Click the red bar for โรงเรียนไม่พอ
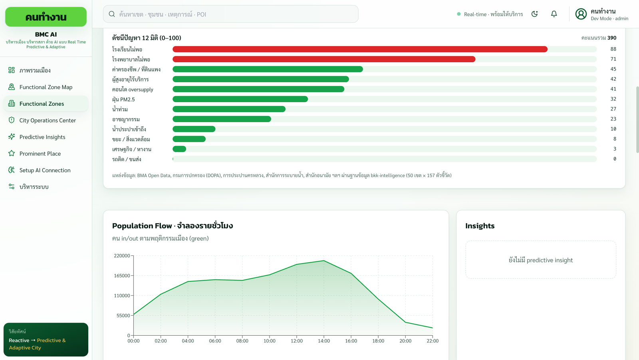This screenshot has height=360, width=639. point(360,49)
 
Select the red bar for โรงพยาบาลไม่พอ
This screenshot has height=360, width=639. point(324,59)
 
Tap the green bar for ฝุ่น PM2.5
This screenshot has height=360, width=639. point(240,99)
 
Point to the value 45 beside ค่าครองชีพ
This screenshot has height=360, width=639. point(613,69)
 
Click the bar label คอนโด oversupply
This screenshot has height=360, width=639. point(133,89)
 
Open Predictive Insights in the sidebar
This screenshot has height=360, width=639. point(42,137)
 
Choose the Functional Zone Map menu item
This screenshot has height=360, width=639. point(46,87)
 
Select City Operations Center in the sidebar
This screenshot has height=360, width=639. point(48,120)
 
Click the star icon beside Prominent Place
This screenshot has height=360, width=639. point(12,153)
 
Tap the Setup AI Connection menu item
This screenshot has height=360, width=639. point(45,170)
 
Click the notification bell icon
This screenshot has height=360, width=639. point(554,14)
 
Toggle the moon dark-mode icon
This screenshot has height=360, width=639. point(535,14)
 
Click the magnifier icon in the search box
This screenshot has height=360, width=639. point(112,14)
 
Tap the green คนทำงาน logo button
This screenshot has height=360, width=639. point(46,17)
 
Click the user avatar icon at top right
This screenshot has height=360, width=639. point(581,14)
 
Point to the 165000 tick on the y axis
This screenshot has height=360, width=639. point(122,276)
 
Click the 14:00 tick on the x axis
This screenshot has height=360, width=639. point(324,340)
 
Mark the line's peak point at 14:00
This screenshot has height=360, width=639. point(324,261)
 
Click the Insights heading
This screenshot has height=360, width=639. point(480,226)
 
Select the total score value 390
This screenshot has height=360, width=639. point(611,38)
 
